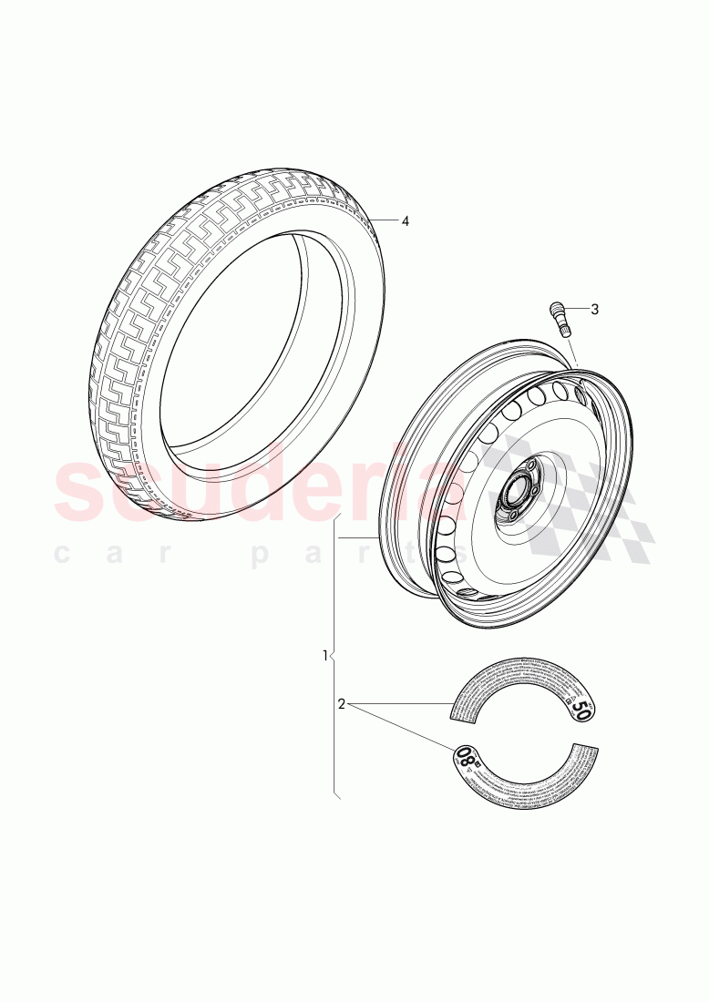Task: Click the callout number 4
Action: tap(406, 221)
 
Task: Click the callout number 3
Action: tap(594, 309)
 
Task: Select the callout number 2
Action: tap(341, 703)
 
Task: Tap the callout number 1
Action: tap(325, 655)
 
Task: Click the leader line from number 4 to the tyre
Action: tap(386, 220)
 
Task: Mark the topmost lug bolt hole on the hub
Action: tap(527, 467)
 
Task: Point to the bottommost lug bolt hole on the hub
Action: tap(511, 515)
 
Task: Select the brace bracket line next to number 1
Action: tap(334, 655)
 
